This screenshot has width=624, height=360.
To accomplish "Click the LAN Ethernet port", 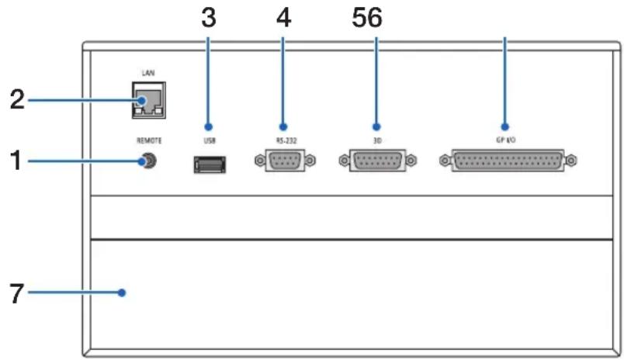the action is pyautogui.click(x=149, y=100).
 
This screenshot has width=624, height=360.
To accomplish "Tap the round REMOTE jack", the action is pyautogui.click(x=150, y=161).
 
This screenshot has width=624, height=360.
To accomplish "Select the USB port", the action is pyautogui.click(x=210, y=164).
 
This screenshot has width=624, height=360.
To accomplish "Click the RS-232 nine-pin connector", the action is pyautogui.click(x=285, y=161).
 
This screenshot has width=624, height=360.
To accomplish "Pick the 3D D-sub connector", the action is pyautogui.click(x=378, y=161).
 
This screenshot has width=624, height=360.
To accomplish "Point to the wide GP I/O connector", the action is pyautogui.click(x=508, y=161).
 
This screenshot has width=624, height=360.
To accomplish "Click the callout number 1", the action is pyautogui.click(x=16, y=161).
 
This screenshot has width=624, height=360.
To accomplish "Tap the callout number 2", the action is pyautogui.click(x=17, y=99).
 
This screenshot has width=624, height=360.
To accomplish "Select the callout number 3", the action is pyautogui.click(x=209, y=18).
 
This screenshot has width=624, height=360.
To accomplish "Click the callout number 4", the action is pyautogui.click(x=283, y=18).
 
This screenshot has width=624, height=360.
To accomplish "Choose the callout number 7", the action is pyautogui.click(x=16, y=293).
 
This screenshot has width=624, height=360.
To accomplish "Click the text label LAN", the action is pyautogui.click(x=148, y=73).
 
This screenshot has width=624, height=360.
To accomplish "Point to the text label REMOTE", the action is pyautogui.click(x=149, y=140).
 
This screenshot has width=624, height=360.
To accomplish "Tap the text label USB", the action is pyautogui.click(x=210, y=140).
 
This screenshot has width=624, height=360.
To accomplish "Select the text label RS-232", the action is pyautogui.click(x=286, y=140).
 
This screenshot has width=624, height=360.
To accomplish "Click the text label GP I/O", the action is pyautogui.click(x=506, y=140).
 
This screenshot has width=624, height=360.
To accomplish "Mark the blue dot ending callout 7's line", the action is pyautogui.click(x=122, y=292).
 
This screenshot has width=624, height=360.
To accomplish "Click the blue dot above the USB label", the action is pyautogui.click(x=208, y=127).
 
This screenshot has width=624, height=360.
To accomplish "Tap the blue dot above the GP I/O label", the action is pyautogui.click(x=505, y=127).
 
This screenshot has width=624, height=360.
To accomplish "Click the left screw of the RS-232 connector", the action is pyautogui.click(x=260, y=161).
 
